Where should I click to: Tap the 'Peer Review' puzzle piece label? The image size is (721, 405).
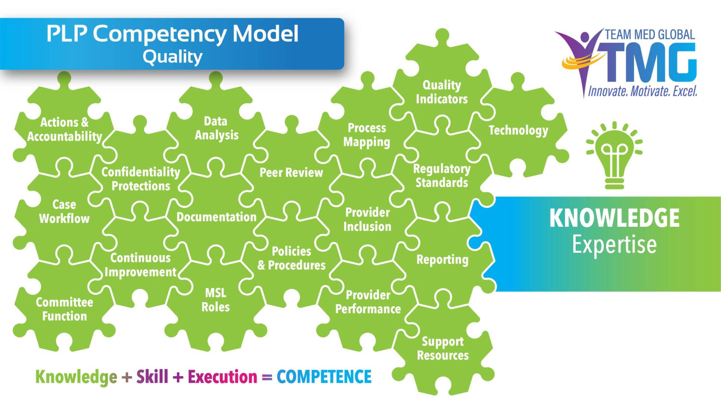pos(291,173)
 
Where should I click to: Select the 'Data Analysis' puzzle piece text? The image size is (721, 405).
pos(216,128)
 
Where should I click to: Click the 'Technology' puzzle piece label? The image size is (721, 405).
pos(518,130)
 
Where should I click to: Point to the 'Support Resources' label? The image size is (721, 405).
pos(443,348)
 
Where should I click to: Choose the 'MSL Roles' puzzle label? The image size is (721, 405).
pos(216,300)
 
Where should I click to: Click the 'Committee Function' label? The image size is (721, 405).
pos(64,309)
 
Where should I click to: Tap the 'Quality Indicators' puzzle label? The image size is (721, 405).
pos(442,92)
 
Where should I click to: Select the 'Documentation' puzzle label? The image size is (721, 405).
pos(216,217)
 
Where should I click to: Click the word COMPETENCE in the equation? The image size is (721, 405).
pos(324,377)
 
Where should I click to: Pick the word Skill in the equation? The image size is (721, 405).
pos(152,377)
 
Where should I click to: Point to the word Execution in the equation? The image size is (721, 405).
pos(222,377)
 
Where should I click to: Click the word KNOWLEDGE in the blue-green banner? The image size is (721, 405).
pos(614,218)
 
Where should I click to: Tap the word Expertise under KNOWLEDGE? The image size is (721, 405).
pos(614,244)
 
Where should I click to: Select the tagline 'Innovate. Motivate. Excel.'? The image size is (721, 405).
pos(643,91)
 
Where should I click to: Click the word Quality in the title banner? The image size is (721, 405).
pos(172,57)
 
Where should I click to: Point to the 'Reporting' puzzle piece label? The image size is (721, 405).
pos(442,260)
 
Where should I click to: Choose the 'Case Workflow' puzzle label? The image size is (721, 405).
pos(64,212)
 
